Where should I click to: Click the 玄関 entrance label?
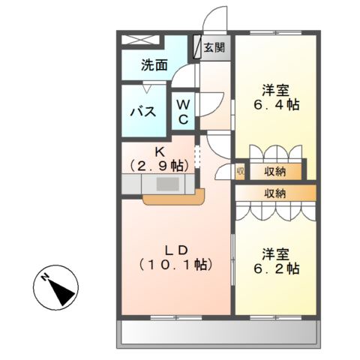(214, 46)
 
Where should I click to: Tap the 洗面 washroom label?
(154, 66)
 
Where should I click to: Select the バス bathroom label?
(143, 112)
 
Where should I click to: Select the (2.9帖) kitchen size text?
(159, 164)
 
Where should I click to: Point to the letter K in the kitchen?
(159, 149)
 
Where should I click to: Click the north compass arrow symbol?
(56, 289)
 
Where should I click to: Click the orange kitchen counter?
(172, 199)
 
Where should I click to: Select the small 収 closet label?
(240, 172)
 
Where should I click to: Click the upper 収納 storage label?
(275, 172)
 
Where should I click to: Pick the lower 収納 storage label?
(274, 193)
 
